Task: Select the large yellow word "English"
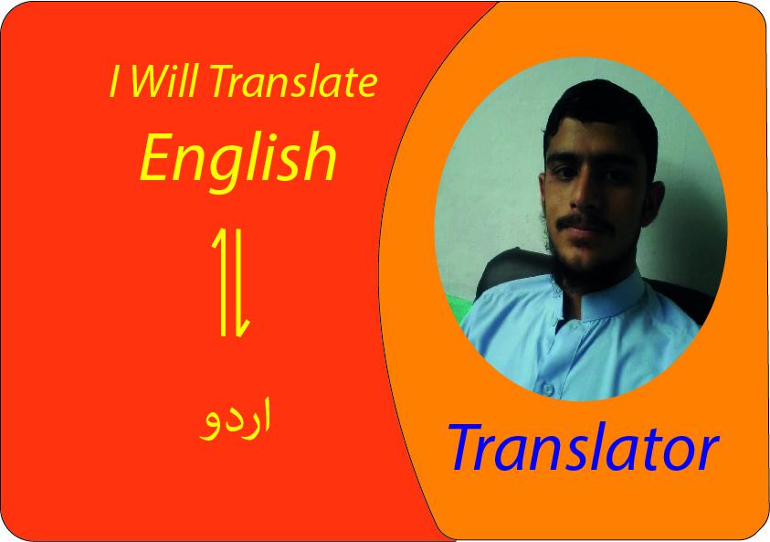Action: tap(238, 156)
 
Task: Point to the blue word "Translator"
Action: tap(583, 449)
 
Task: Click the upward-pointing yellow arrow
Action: tap(221, 280)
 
